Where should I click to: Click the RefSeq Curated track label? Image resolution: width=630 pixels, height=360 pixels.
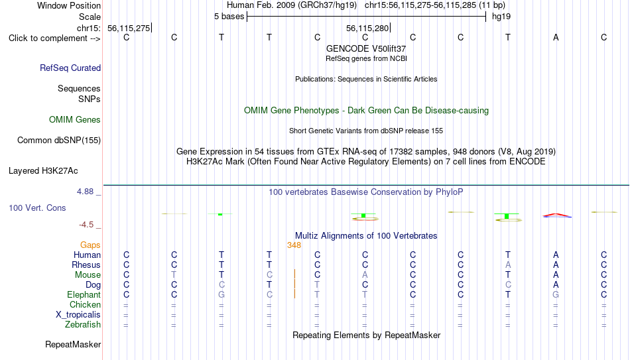click(x=70, y=68)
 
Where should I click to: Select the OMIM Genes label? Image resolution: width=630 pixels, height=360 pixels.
click(x=75, y=120)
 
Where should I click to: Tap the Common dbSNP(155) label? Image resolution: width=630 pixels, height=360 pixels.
click(x=59, y=141)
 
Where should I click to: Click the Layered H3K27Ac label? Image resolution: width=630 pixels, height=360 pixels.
click(x=43, y=171)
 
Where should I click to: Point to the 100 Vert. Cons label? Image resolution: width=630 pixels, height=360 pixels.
click(x=37, y=208)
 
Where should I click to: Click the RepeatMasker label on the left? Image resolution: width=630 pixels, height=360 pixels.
click(x=73, y=344)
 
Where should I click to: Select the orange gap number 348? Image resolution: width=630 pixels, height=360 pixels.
click(x=294, y=245)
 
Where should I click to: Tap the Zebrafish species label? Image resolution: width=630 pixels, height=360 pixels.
click(x=83, y=324)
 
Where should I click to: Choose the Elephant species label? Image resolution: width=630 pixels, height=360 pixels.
click(x=84, y=294)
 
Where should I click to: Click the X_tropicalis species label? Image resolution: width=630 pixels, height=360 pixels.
click(x=78, y=315)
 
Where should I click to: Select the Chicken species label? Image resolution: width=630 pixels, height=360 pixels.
click(x=85, y=304)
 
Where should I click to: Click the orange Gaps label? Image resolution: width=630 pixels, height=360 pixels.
click(x=90, y=245)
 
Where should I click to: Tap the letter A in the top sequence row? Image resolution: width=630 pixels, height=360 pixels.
click(x=556, y=37)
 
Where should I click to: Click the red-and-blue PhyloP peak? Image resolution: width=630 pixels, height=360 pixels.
click(x=557, y=215)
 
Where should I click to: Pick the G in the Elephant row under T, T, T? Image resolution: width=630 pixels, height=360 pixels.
click(x=221, y=294)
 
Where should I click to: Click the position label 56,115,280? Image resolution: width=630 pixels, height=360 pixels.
click(x=367, y=28)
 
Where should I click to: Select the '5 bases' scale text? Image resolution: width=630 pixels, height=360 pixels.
click(x=229, y=17)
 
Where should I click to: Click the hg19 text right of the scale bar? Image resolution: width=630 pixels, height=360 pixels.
click(x=501, y=17)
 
